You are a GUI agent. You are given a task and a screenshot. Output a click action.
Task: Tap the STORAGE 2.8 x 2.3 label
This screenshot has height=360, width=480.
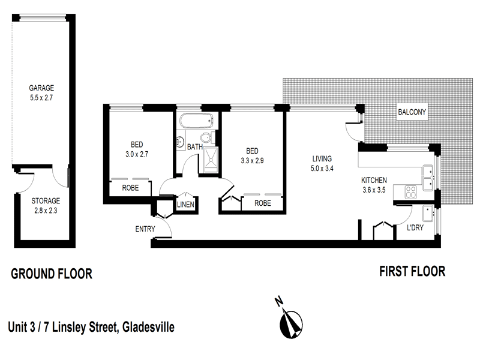[37, 206]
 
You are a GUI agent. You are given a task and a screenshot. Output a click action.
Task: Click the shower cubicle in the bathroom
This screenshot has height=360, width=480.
[211, 159]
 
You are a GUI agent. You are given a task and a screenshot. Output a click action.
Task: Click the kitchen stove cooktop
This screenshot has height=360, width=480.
[412, 193]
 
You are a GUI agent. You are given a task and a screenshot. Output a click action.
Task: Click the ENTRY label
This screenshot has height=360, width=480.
[145, 229]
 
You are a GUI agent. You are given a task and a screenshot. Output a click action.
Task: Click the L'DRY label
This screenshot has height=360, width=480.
[416, 228]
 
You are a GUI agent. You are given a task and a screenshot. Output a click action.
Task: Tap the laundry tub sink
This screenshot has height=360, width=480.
[429, 213]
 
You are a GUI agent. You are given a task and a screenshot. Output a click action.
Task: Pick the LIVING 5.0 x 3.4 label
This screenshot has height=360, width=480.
[322, 164]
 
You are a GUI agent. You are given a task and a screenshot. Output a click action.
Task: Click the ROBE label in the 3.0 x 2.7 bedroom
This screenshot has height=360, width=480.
[131, 187]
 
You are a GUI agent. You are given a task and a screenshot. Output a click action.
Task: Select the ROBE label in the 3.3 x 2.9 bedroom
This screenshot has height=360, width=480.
[262, 203]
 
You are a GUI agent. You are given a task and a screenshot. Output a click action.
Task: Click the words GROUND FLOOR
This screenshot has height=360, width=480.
[51, 274]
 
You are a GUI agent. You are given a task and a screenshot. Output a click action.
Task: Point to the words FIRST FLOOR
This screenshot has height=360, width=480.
[412, 271]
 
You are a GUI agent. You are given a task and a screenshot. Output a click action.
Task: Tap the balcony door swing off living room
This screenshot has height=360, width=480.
[354, 128]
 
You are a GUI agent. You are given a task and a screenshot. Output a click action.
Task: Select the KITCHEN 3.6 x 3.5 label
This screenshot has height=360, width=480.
[374, 185]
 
